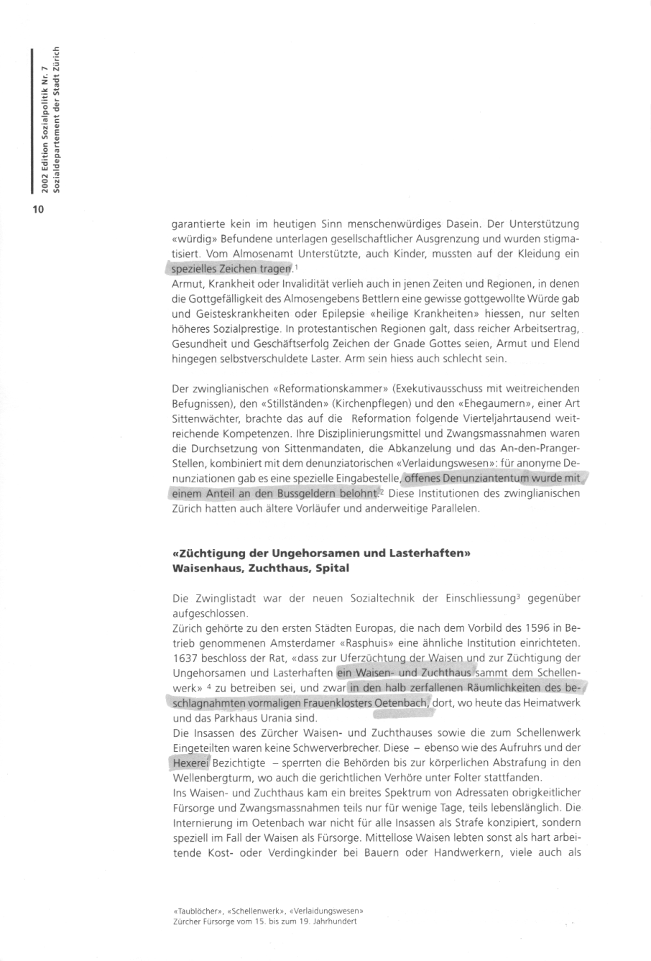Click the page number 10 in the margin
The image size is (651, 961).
(37, 209)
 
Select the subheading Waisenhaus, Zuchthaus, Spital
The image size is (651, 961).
(260, 567)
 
